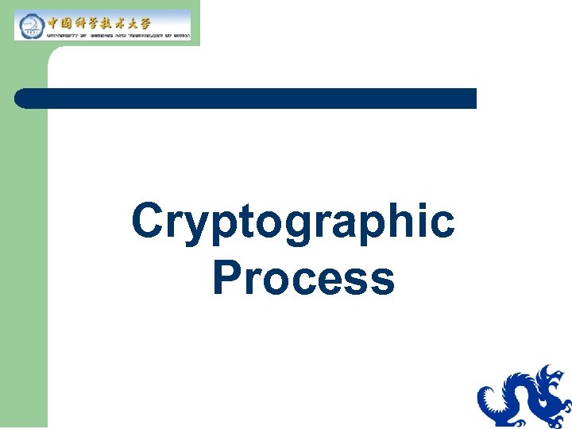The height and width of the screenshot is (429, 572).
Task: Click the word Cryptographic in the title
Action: (x=293, y=222)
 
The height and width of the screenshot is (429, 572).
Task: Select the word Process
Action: (x=303, y=278)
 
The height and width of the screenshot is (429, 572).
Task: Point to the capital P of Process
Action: (x=227, y=277)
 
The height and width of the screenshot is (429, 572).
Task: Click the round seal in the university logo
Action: (x=31, y=25)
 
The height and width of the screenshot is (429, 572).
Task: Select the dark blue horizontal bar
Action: (x=246, y=99)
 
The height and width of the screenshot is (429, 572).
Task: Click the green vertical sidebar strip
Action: (x=24, y=238)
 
